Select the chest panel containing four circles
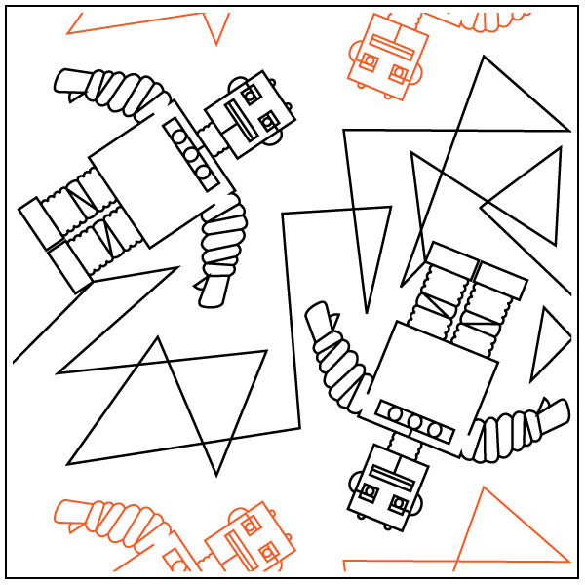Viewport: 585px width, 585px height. point(192,152)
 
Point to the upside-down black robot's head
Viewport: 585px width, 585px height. point(388,488)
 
